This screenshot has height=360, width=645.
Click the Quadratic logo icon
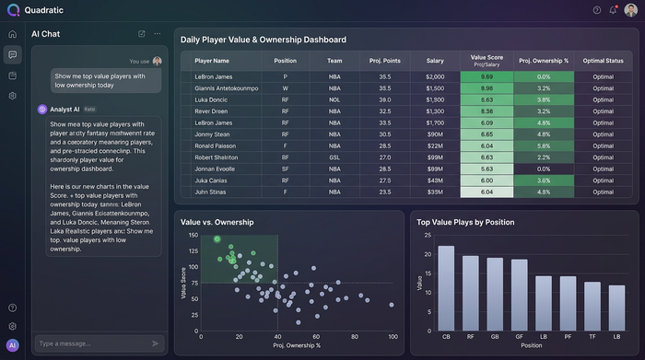12,10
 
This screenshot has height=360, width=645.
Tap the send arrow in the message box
155,343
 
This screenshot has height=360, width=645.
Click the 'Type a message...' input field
88,343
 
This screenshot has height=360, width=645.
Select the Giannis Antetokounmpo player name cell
226,88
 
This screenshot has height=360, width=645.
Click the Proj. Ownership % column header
544,61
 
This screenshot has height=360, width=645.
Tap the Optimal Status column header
604,61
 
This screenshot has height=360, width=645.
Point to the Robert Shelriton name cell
218,157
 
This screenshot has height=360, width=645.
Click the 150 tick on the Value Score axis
193,235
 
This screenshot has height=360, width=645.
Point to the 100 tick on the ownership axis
393,337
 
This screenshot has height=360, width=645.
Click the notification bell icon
613,10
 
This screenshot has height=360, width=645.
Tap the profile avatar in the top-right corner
630,10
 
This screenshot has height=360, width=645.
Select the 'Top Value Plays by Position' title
465,222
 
